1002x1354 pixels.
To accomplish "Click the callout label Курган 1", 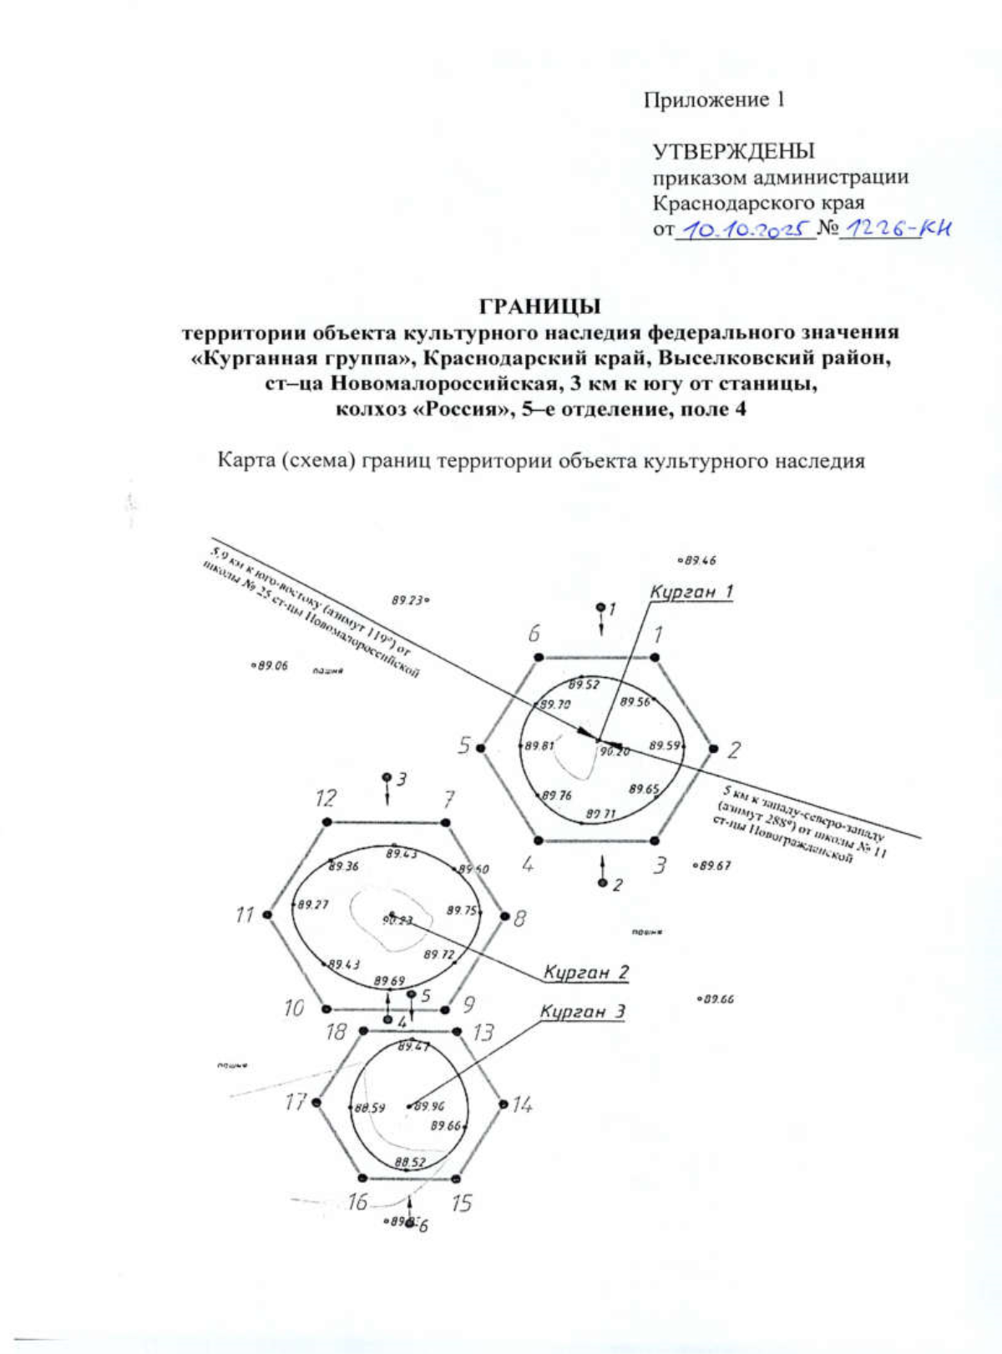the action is coord(691,592).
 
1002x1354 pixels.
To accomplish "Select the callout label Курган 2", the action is coord(586,972).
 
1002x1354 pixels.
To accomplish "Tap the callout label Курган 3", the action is coord(582,1011).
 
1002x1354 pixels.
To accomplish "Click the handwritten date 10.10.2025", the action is coord(745,228).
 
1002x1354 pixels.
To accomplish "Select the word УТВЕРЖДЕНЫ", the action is coord(733,151).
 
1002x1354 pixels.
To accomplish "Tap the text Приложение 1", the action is coord(714,100).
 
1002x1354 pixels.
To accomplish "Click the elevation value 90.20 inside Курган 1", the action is coord(615,751).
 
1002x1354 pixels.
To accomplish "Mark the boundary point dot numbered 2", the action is coord(713,748).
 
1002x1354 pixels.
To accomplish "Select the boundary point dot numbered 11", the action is coord(267,915).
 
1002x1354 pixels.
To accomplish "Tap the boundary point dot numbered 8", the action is coord(504,916).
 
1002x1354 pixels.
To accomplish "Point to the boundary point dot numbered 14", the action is coord(503,1104).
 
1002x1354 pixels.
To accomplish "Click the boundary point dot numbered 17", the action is coord(316,1102).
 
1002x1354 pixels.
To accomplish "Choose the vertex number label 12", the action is coord(326,798).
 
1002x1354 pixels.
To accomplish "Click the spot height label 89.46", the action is coord(700,561).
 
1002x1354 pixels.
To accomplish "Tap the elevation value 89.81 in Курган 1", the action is coord(539,745).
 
